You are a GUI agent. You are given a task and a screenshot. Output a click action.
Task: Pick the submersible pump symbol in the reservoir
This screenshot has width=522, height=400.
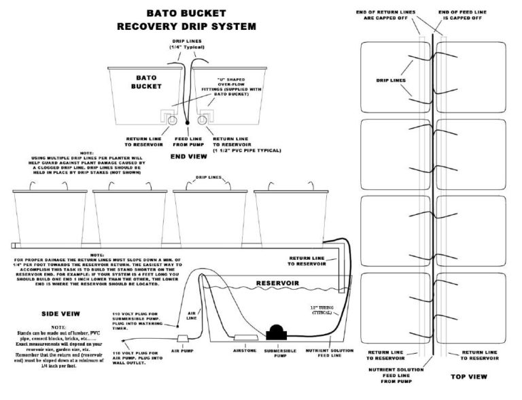point(277,333)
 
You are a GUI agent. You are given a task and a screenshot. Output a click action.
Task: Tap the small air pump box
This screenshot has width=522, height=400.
point(183,337)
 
